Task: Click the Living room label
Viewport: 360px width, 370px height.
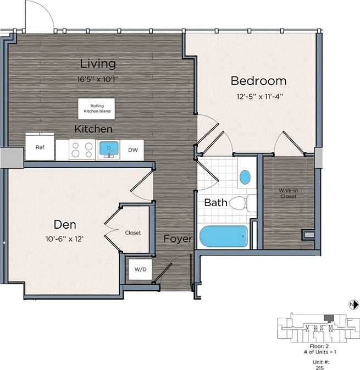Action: pos(98,63)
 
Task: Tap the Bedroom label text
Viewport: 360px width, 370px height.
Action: pos(258,81)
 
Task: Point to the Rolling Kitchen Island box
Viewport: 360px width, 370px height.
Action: pos(97,108)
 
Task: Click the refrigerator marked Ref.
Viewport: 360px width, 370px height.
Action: pos(40,147)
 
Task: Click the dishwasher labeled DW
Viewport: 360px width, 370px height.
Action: pos(132,150)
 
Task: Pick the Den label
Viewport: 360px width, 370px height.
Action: pos(64,224)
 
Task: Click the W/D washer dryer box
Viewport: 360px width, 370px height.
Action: pos(137,270)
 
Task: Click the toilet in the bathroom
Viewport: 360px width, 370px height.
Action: pos(241,203)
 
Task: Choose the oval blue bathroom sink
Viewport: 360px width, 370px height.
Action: pos(245,177)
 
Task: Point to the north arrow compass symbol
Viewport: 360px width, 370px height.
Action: pos(352,304)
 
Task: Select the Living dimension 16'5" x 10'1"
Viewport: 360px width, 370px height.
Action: pos(98,79)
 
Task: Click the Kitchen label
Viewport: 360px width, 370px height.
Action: pos(94,129)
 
